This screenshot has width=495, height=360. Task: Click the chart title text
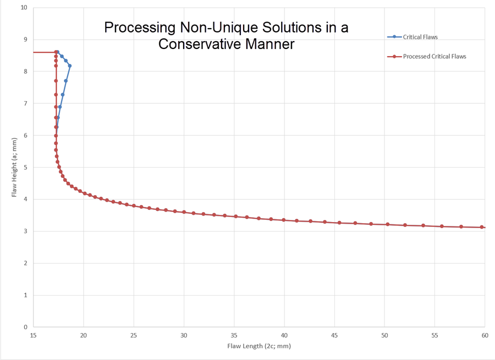pos(226,35)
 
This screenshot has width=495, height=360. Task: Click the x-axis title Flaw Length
pos(258,346)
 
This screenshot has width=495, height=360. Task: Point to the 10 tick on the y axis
pos(24,8)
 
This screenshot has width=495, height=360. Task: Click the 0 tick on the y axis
pos(25,327)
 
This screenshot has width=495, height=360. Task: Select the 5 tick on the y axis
pos(25,167)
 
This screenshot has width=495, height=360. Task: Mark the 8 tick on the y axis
pos(25,71)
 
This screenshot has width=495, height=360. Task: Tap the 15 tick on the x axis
pos(33,335)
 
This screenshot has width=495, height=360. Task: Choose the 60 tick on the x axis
pos(485,335)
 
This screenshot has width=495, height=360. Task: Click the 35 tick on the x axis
pos(234,335)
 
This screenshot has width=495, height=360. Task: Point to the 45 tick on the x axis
pos(334,335)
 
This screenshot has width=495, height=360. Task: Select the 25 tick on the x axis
pos(134,335)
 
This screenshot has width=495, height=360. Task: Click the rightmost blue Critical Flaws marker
pos(70,66)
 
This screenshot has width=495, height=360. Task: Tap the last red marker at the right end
pos(482,227)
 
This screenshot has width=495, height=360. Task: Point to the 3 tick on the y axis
pos(25,231)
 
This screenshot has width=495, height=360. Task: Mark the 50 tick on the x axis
pos(384,335)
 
